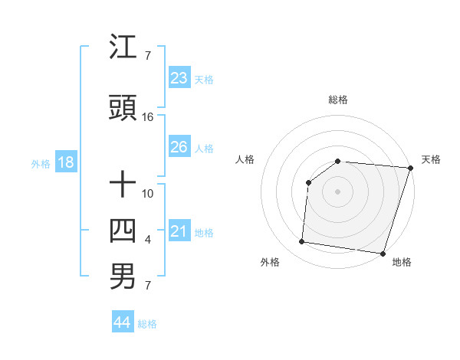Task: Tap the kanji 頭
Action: point(123,109)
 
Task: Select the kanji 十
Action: point(123,185)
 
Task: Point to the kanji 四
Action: point(123,231)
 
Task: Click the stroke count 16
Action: point(148,117)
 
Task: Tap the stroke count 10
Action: point(148,193)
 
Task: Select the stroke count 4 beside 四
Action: point(148,240)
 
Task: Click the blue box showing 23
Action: point(179,78)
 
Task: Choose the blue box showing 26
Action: point(179,147)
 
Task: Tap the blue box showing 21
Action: point(179,231)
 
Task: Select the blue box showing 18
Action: point(64,162)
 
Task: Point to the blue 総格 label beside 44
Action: point(147,324)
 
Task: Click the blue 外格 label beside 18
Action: point(41,163)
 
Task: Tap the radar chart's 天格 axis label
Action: point(431,159)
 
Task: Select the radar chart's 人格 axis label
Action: point(245,159)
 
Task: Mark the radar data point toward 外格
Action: point(301,242)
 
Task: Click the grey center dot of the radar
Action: point(337,191)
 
